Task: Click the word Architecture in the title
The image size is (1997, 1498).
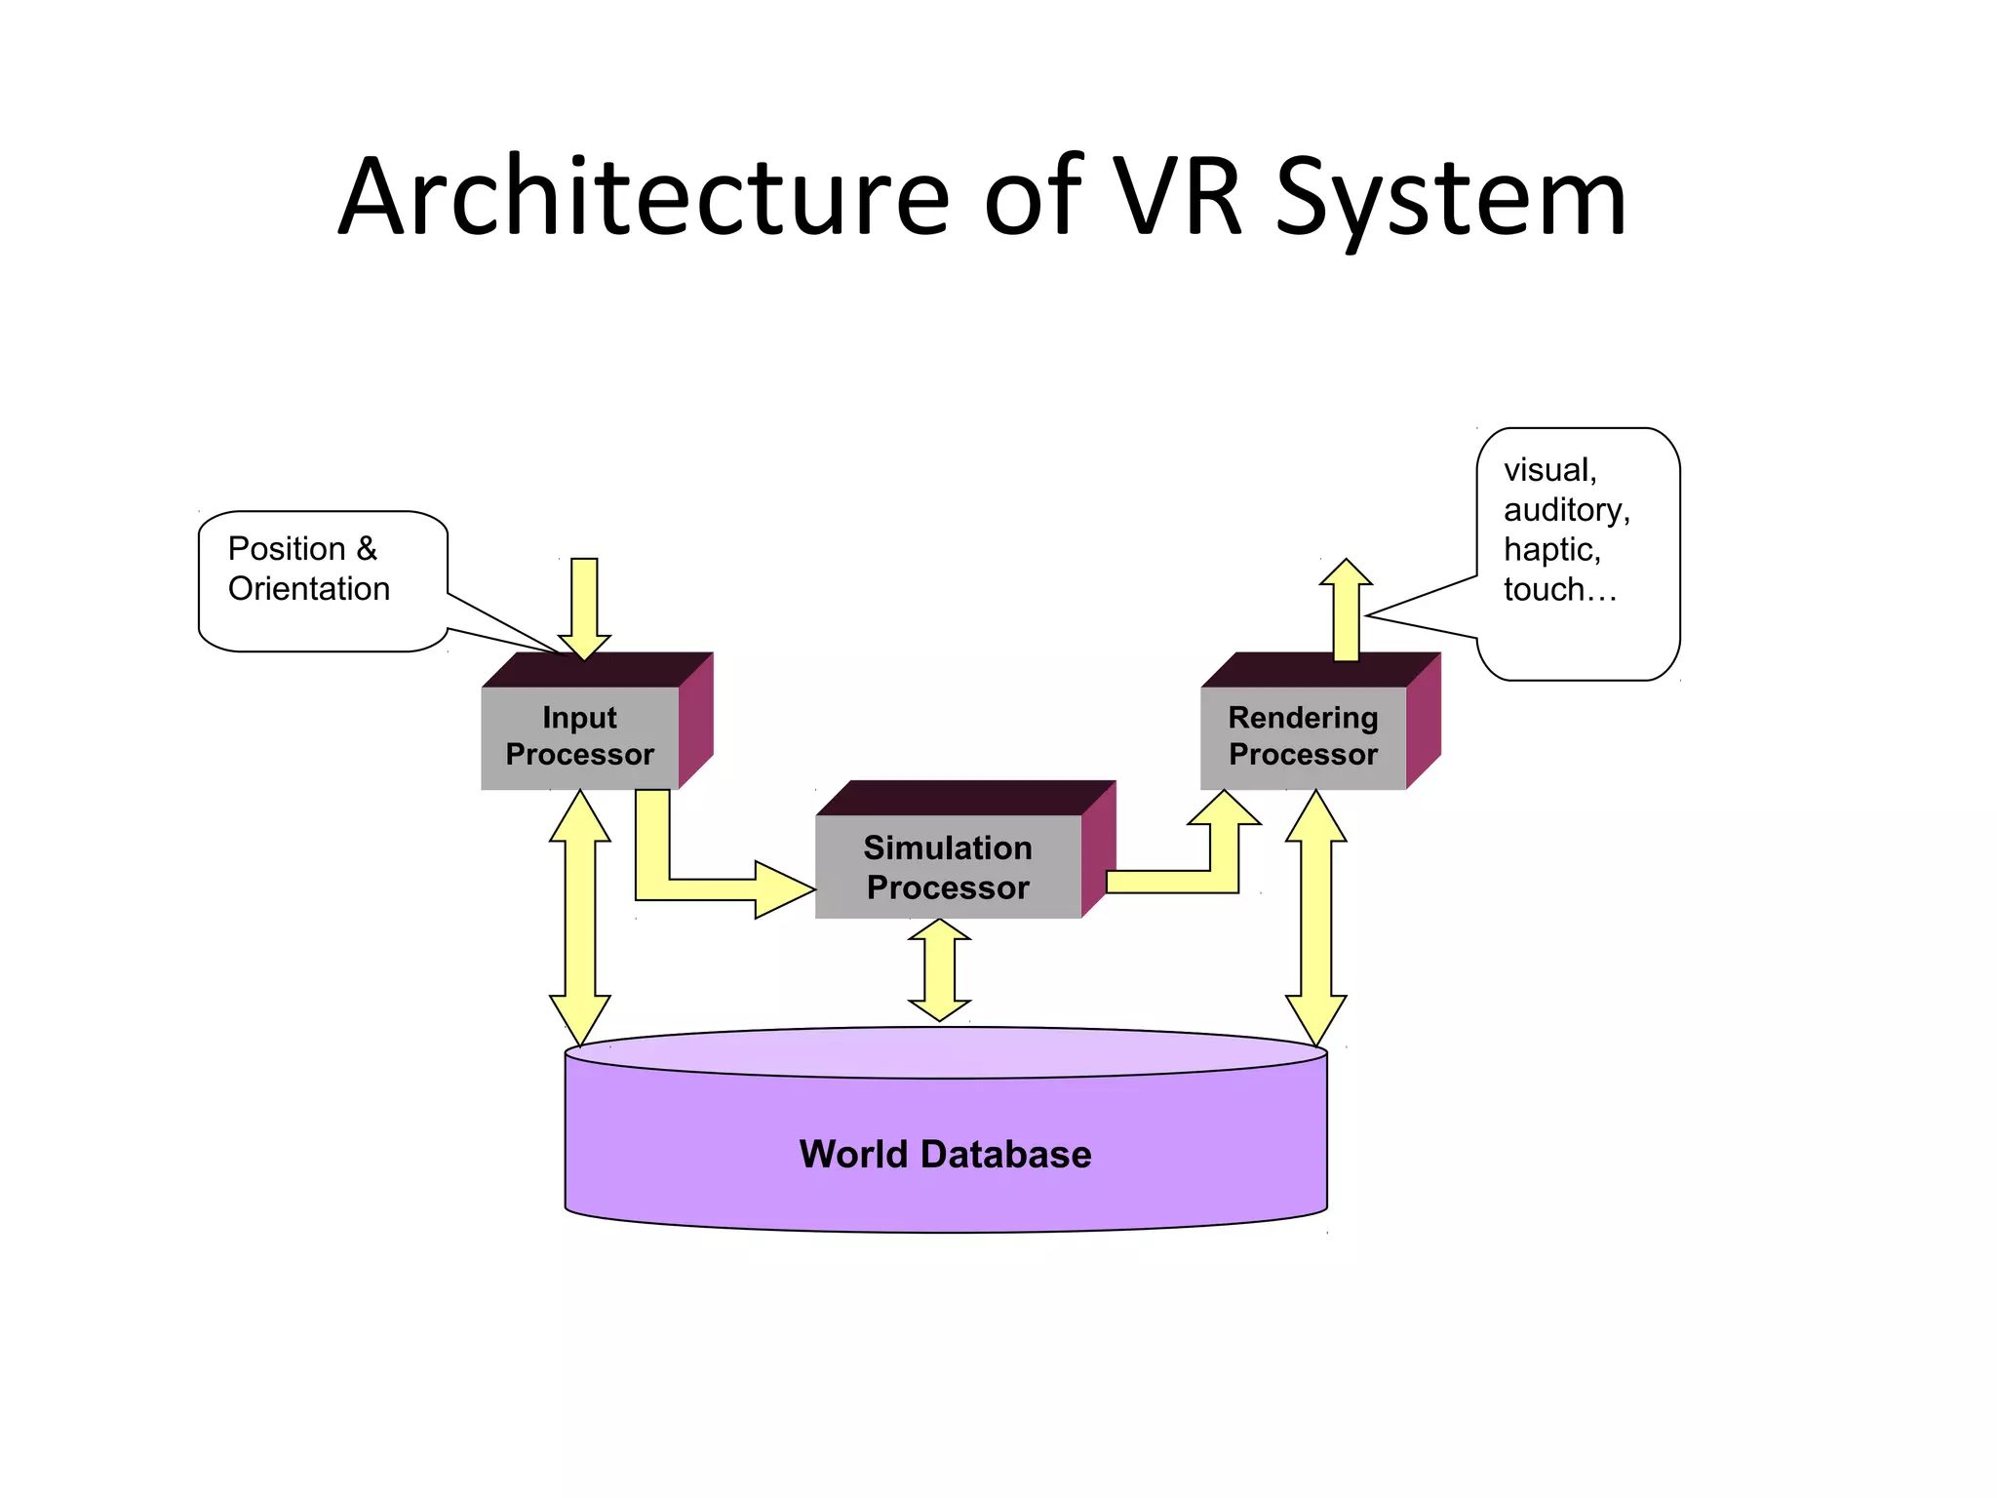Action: coord(644,198)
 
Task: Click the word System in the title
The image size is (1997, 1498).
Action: coord(1450,198)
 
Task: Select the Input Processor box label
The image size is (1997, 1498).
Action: coord(580,736)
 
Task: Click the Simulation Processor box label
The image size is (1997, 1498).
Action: coord(948,868)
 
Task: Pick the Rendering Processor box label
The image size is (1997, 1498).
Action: coord(1303,736)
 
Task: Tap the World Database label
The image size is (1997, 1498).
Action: coord(945,1155)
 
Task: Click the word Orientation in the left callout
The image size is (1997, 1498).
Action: coord(309,589)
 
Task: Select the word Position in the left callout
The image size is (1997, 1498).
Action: coord(287,549)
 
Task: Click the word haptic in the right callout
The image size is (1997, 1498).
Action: coord(1551,550)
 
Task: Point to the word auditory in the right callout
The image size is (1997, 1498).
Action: coord(1565,510)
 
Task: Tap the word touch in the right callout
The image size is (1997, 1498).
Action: coord(1544,590)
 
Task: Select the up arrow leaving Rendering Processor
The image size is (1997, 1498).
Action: coord(1346,610)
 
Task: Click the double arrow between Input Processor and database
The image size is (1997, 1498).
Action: coord(580,917)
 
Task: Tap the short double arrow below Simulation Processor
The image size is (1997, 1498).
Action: coord(939,970)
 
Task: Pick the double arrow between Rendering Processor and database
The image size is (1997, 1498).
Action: coord(1315,917)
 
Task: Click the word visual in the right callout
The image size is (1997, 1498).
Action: coord(1549,470)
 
